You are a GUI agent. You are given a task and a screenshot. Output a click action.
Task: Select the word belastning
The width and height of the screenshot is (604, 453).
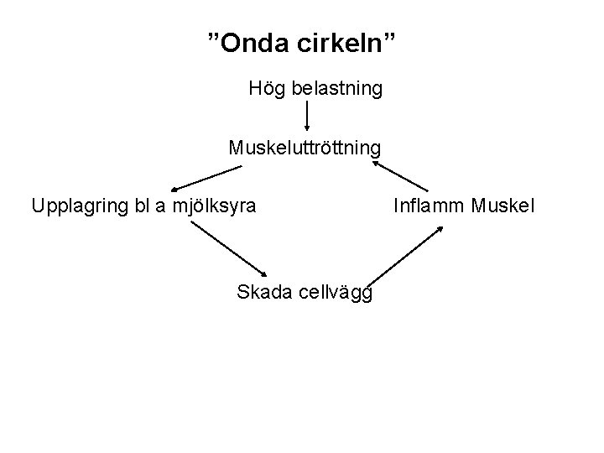tap(338, 88)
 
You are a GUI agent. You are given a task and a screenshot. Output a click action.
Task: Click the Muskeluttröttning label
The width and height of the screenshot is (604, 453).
tap(305, 148)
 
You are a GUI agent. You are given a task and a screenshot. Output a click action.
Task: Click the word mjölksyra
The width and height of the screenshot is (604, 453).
tap(215, 205)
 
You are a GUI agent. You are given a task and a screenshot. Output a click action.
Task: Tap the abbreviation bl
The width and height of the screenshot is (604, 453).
tap(140, 205)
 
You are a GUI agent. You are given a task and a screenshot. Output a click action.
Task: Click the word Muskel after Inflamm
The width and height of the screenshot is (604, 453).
tap(502, 205)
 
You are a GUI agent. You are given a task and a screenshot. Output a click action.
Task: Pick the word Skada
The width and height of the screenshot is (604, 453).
tap(263, 292)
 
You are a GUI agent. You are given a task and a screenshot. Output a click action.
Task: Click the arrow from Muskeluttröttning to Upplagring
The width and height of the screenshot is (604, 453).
tap(206, 178)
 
